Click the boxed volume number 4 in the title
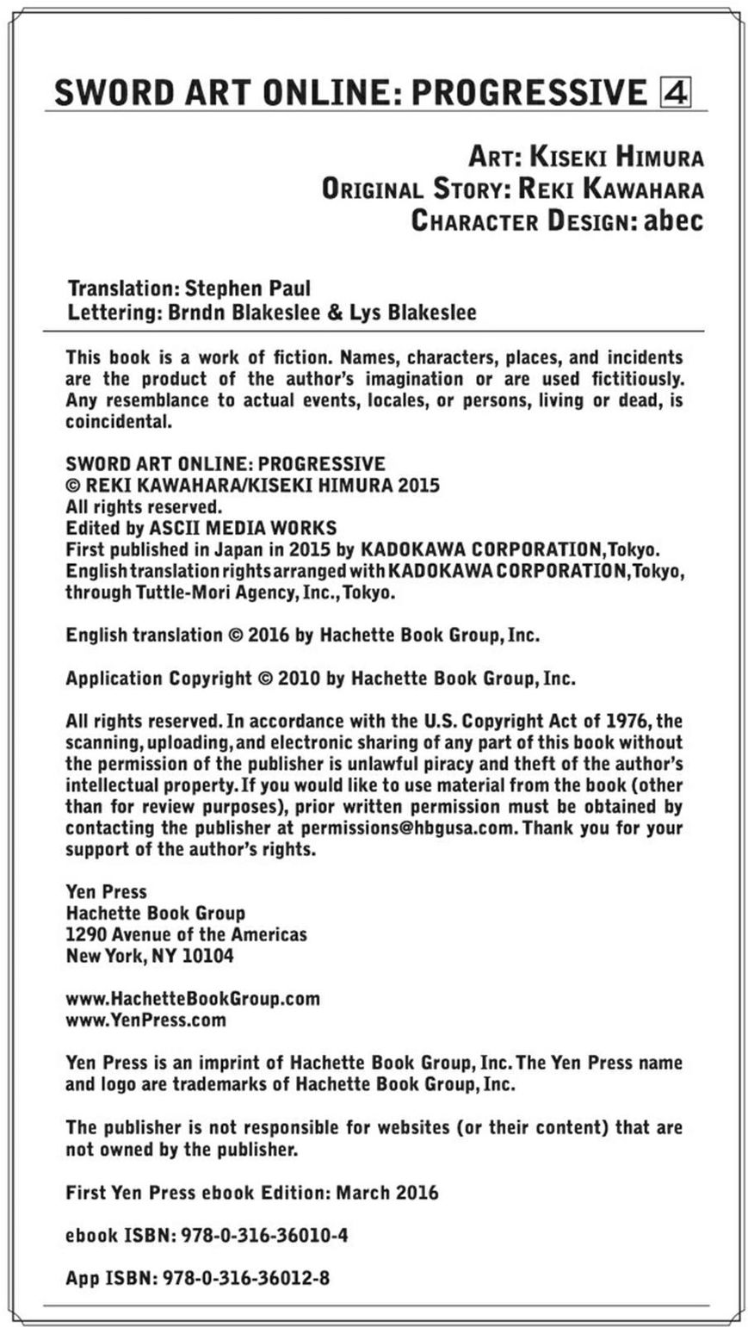pyautogui.click(x=676, y=91)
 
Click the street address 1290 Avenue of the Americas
pyautogui.click(x=186, y=934)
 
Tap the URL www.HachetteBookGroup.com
pyautogui.click(x=193, y=999)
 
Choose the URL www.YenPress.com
pyautogui.click(x=145, y=1020)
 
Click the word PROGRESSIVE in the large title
pyautogui.click(x=529, y=92)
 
